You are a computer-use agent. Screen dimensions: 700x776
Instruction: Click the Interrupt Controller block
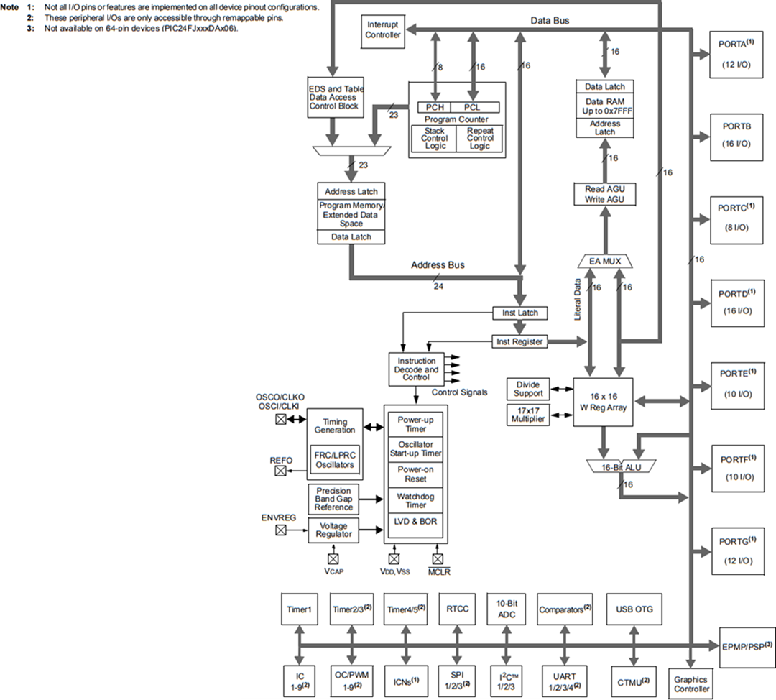[x=383, y=31]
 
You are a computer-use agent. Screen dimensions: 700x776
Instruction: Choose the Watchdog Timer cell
[x=416, y=500]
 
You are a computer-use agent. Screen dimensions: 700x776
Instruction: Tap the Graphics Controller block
[x=690, y=683]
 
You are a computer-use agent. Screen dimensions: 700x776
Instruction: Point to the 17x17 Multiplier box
[x=527, y=415]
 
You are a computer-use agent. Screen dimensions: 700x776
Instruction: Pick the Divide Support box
[x=527, y=389]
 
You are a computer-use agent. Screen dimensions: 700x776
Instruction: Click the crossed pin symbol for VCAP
[x=333, y=558]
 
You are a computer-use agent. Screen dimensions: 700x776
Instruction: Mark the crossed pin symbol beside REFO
[x=280, y=471]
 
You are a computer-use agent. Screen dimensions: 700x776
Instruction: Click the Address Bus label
[x=438, y=265]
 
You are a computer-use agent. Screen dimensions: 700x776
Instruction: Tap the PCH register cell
[x=434, y=107]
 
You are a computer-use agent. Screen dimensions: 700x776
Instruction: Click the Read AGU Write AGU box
[x=604, y=194]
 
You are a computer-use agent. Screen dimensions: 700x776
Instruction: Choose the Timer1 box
[x=299, y=609]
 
